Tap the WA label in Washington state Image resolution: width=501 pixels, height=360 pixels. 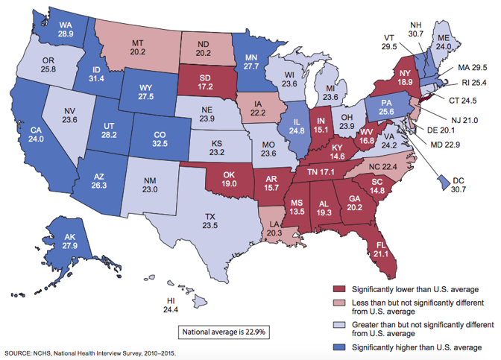pyautogui.click(x=65, y=25)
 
